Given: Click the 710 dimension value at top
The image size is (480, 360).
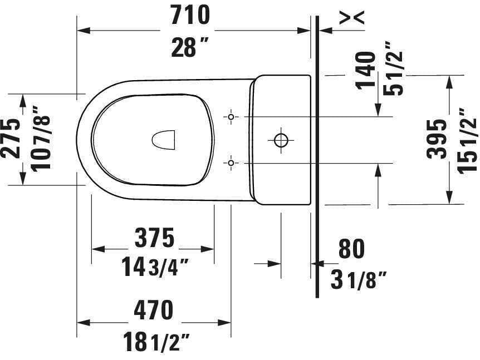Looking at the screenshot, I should click(x=190, y=15).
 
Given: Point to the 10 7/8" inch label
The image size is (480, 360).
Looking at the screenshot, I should click(x=41, y=139).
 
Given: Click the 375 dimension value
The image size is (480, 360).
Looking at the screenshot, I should click(x=154, y=238).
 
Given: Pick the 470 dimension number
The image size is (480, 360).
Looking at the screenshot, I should click(x=154, y=310).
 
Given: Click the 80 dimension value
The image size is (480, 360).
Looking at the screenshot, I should click(x=351, y=249).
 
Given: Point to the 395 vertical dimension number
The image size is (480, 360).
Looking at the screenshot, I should click(x=438, y=139).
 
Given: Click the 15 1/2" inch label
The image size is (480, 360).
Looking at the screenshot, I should click(x=468, y=139).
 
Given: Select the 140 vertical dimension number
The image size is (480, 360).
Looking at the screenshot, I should click(x=366, y=70).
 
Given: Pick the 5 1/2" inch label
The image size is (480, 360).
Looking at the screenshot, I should click(x=395, y=72).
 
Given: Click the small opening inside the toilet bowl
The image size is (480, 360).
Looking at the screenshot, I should click(x=163, y=139).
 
